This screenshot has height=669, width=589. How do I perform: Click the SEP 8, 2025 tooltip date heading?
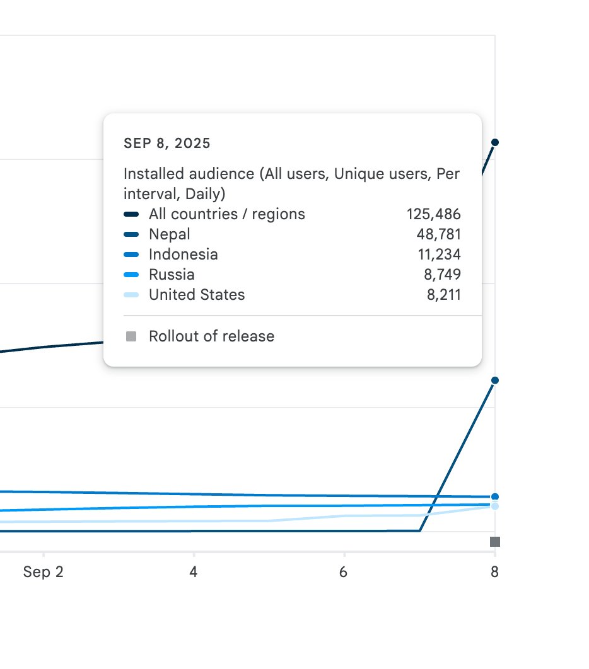point(167,144)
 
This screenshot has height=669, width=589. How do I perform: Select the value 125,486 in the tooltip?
point(433,214)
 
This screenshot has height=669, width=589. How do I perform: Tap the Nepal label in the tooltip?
point(170,234)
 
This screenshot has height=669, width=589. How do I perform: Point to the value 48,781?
point(439,234)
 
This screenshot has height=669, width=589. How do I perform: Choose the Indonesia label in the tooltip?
point(184,254)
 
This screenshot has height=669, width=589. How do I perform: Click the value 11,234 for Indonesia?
point(439,254)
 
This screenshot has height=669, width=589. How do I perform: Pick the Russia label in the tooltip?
point(172,275)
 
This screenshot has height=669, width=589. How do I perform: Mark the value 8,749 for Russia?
point(442,275)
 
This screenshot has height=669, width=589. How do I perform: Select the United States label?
point(197,294)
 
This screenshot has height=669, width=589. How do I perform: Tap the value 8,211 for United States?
point(444,294)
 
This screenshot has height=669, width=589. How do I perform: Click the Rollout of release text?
point(211,336)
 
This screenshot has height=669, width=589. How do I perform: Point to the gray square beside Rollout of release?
point(131,336)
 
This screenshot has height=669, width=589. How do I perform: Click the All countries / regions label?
point(227,214)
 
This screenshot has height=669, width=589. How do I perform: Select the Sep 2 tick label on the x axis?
point(43,572)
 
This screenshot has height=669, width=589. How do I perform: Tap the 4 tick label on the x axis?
point(194,572)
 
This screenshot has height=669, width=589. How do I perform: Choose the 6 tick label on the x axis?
point(344,572)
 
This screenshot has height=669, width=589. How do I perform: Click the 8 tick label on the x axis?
point(494,572)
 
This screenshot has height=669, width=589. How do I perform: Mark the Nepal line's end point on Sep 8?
point(495,380)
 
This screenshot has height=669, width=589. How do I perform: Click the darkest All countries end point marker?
point(495,142)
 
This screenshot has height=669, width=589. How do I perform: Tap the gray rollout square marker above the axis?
point(495,542)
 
